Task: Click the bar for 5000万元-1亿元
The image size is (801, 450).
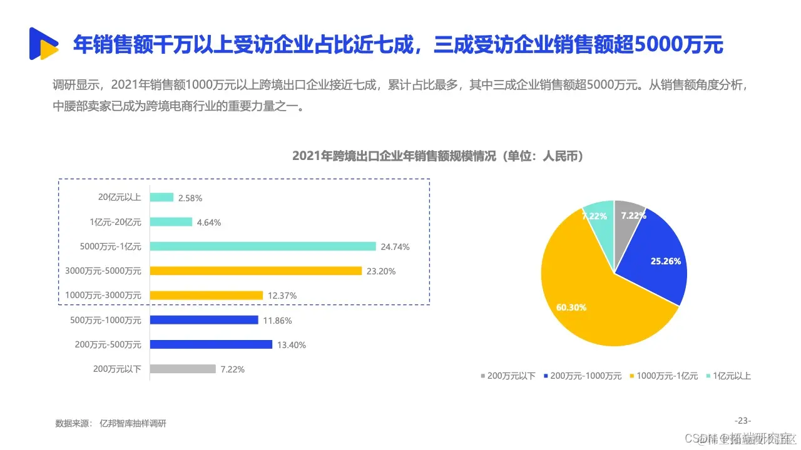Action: (x=263, y=246)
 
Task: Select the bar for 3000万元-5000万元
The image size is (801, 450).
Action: (x=256, y=271)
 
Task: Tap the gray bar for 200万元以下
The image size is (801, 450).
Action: (x=183, y=369)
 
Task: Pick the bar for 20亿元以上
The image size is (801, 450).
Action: (x=161, y=197)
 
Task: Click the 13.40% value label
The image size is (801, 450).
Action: (x=290, y=344)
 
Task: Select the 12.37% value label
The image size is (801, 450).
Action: (x=281, y=295)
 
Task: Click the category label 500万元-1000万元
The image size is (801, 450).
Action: (x=106, y=320)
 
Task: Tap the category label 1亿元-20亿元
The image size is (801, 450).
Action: (x=115, y=222)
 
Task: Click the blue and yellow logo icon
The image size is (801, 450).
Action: (x=43, y=44)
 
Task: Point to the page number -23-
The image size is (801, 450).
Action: (x=742, y=420)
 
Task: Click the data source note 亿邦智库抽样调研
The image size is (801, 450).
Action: (x=133, y=424)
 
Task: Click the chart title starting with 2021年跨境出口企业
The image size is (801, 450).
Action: (x=438, y=156)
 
